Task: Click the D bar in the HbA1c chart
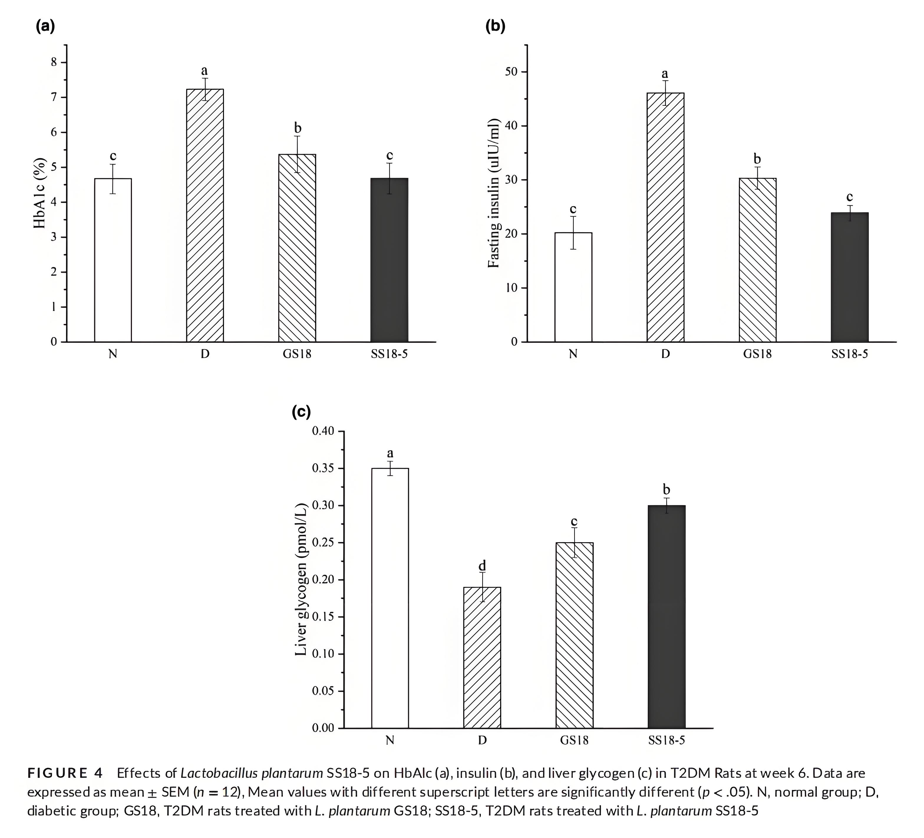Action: pos(205,215)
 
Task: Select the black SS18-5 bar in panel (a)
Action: pos(389,260)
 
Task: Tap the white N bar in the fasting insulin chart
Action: pos(573,287)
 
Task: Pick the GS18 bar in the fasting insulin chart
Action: pos(757,260)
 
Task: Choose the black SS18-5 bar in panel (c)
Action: pos(666,617)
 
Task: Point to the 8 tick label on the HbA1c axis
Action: pos(55,62)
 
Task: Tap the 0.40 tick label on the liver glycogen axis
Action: pos(324,431)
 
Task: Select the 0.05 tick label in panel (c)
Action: pos(324,691)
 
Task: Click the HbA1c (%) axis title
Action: pos(40,194)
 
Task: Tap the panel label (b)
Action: pos(495,27)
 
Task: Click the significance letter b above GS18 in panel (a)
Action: pos(298,128)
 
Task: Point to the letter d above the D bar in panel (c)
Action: pos(482,565)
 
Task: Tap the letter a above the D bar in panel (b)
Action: pos(665,73)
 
